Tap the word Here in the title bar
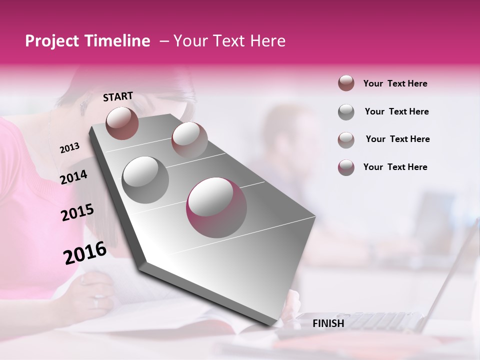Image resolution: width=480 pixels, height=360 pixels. (267, 41)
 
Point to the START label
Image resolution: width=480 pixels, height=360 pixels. (118, 96)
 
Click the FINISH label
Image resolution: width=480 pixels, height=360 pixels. (328, 323)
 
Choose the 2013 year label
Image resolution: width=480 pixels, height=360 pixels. (69, 148)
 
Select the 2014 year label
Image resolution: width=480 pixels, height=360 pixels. (73, 177)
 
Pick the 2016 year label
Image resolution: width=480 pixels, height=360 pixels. (85, 253)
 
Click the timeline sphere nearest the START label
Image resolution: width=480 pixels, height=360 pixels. (122, 123)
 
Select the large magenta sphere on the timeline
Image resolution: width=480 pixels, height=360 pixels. (216, 207)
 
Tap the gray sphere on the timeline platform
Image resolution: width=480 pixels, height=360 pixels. (145, 180)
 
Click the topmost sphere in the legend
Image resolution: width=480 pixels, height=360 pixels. (346, 83)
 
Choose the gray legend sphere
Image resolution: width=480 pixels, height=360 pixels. (346, 112)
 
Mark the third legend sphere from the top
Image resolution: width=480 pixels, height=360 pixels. (346, 139)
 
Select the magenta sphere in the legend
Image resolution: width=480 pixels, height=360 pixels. (346, 167)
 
